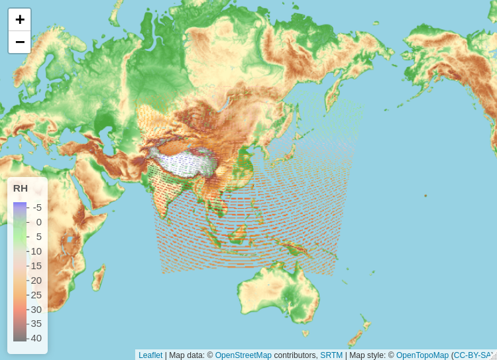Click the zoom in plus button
pos(20,20)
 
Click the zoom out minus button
pos(20,42)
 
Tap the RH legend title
pos(21,188)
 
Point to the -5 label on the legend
pos(37,207)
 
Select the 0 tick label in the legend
pos(38,222)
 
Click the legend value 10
pos(36,251)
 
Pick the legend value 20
pos(36,280)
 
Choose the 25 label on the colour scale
pos(36,295)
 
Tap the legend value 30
pos(36,310)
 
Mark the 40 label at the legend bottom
pos(36,338)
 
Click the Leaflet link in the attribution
pos(150,355)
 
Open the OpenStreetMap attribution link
pos(243,355)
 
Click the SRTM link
pos(331,355)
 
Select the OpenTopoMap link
pos(422,355)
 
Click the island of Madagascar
pos(98,278)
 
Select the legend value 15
pos(36,266)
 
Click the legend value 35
pos(36,324)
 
